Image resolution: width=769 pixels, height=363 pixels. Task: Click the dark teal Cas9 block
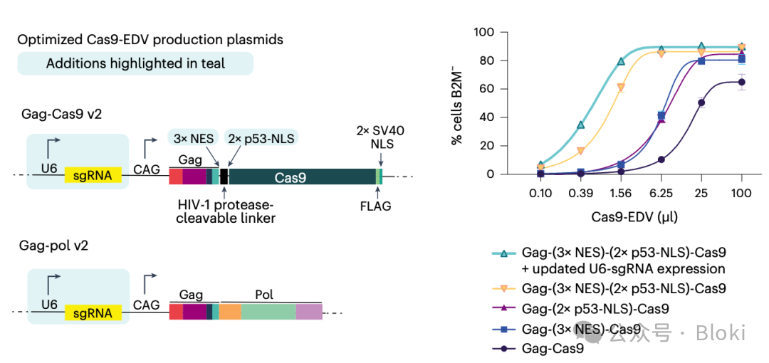point(302,177)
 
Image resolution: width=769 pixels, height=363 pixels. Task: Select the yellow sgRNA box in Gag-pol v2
point(93,312)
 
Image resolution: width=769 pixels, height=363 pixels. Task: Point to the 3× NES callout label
point(193,139)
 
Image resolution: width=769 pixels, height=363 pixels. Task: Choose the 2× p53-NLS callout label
point(261,139)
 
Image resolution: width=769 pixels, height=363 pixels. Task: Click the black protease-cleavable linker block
point(224,177)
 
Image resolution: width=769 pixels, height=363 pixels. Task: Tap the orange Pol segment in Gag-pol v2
point(230,312)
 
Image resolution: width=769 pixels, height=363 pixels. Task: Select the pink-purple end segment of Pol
point(309,312)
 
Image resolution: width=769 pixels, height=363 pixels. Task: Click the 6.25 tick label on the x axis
point(661,194)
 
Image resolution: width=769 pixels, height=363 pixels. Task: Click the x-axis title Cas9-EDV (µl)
point(634,217)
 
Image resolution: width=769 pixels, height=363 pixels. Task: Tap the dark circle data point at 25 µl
point(701,102)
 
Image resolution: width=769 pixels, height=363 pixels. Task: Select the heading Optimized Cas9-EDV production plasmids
point(150,40)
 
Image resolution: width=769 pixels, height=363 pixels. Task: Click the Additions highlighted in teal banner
point(135,63)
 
